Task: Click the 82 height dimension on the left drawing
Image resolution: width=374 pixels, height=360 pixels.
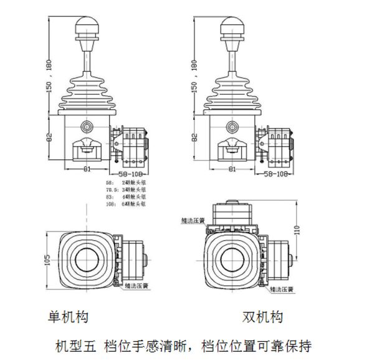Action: pyautogui.click(x=47, y=136)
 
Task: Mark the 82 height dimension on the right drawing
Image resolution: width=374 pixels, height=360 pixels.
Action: pyautogui.click(x=194, y=136)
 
